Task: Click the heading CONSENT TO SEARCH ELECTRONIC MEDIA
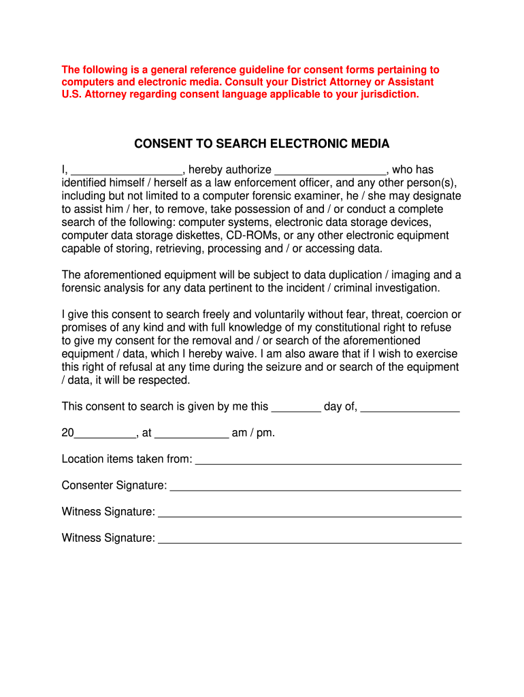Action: point(261,144)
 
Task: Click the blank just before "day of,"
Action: point(296,408)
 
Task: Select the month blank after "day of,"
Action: point(410,408)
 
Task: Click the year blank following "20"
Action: point(105,434)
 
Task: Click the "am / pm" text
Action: point(253,433)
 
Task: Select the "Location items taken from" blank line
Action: point(328,460)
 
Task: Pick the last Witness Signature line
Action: point(309,539)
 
